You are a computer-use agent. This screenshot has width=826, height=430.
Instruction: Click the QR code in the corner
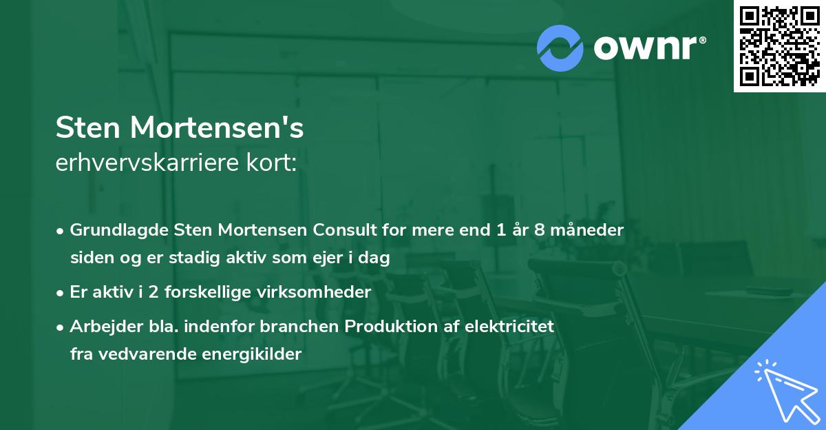[x=780, y=45]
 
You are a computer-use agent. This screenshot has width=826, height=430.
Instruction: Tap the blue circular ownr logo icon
[x=560, y=48]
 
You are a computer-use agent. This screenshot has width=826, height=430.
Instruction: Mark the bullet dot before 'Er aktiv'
[x=61, y=292]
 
